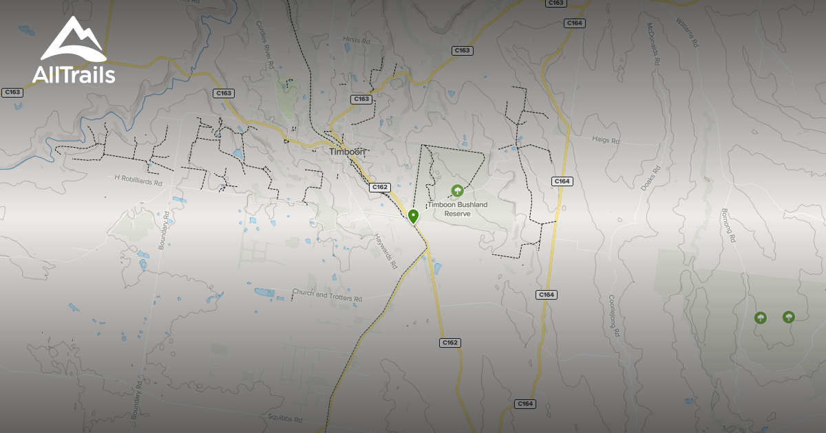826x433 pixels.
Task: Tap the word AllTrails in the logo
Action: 74,75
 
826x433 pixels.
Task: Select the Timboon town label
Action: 347,152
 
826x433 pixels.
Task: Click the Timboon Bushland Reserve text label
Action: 457,209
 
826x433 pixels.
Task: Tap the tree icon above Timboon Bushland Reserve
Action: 456,190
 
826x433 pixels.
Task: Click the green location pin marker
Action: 413,217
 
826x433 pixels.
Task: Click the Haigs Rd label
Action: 606,140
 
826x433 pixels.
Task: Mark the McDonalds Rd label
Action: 653,45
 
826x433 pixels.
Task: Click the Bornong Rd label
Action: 729,225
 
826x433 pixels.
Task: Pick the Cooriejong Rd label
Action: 614,316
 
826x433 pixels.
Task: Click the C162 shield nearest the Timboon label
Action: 380,187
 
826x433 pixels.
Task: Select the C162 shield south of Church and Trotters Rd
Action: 449,342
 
